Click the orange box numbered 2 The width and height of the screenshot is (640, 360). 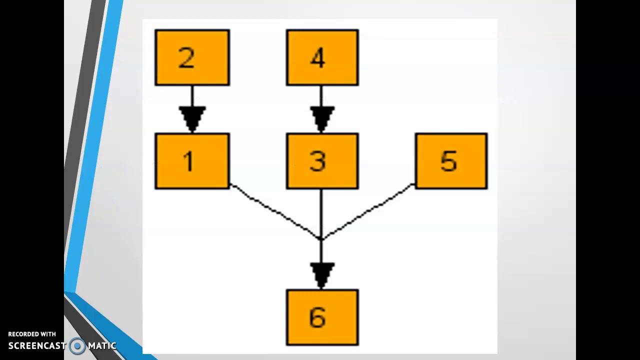[x=192, y=57]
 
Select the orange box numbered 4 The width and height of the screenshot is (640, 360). [x=322, y=57]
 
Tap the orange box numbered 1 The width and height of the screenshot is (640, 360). [x=192, y=161]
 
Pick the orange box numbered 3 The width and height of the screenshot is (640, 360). [x=322, y=161]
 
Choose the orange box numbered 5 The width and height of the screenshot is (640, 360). [x=451, y=161]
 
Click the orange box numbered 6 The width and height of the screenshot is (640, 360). [x=322, y=317]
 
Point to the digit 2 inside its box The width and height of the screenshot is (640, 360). [x=186, y=57]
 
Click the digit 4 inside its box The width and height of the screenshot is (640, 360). [x=317, y=57]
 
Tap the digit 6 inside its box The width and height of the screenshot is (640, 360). [x=317, y=317]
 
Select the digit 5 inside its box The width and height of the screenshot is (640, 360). [x=448, y=161]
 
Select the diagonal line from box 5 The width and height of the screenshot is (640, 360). [x=368, y=211]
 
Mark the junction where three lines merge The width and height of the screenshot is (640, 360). [x=321, y=239]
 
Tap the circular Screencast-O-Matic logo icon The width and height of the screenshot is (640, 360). [x=77, y=346]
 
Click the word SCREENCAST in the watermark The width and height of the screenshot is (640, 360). [x=37, y=346]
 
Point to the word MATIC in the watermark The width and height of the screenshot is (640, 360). [x=102, y=346]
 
